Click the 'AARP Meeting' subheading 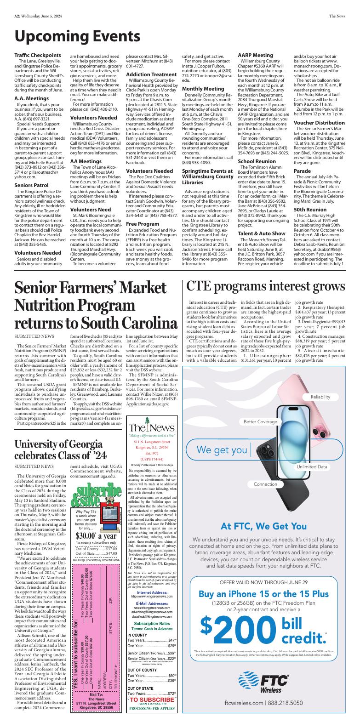pyautogui.click(x=255, y=55)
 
